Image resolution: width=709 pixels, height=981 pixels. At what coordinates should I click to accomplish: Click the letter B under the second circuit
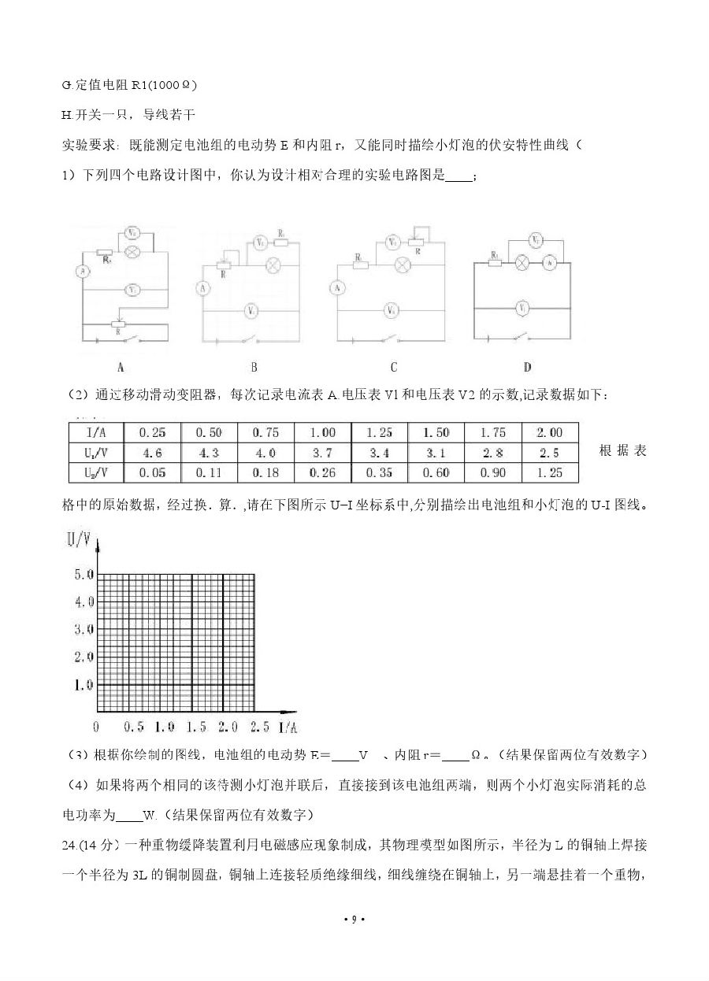pyautogui.click(x=254, y=367)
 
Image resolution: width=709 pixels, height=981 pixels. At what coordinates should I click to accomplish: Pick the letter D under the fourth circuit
pyautogui.click(x=526, y=367)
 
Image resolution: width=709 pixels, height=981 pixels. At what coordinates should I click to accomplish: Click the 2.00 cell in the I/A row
pyautogui.click(x=549, y=432)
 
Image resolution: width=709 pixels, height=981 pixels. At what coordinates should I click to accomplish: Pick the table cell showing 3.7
pyautogui.click(x=322, y=453)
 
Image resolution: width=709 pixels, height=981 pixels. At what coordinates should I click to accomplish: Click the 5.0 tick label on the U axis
pyautogui.click(x=84, y=575)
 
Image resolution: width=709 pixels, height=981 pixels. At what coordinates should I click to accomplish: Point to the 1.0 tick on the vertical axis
pyautogui.click(x=84, y=685)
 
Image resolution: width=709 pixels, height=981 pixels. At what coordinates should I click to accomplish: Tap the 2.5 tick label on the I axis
pyautogui.click(x=258, y=726)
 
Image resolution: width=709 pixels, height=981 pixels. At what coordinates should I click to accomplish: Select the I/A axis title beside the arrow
pyautogui.click(x=288, y=726)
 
